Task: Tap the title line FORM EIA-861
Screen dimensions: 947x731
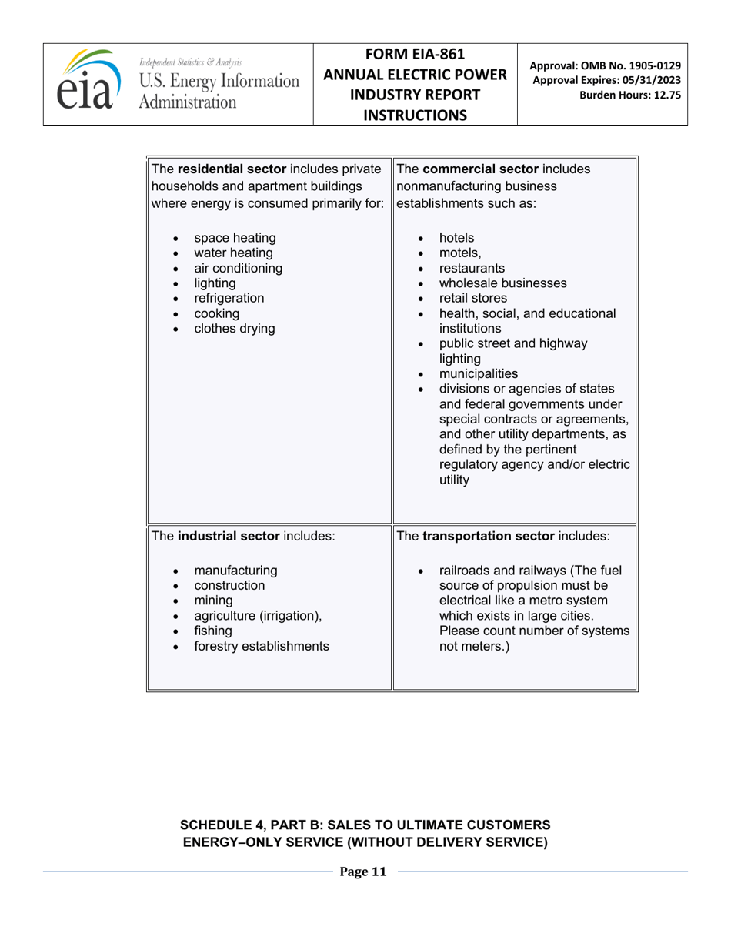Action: tap(416, 55)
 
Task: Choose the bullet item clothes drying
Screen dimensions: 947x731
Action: tap(234, 329)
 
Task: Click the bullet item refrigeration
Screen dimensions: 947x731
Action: tap(229, 298)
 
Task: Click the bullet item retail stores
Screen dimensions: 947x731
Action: tap(472, 298)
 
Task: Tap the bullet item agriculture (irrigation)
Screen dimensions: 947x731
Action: tap(257, 615)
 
